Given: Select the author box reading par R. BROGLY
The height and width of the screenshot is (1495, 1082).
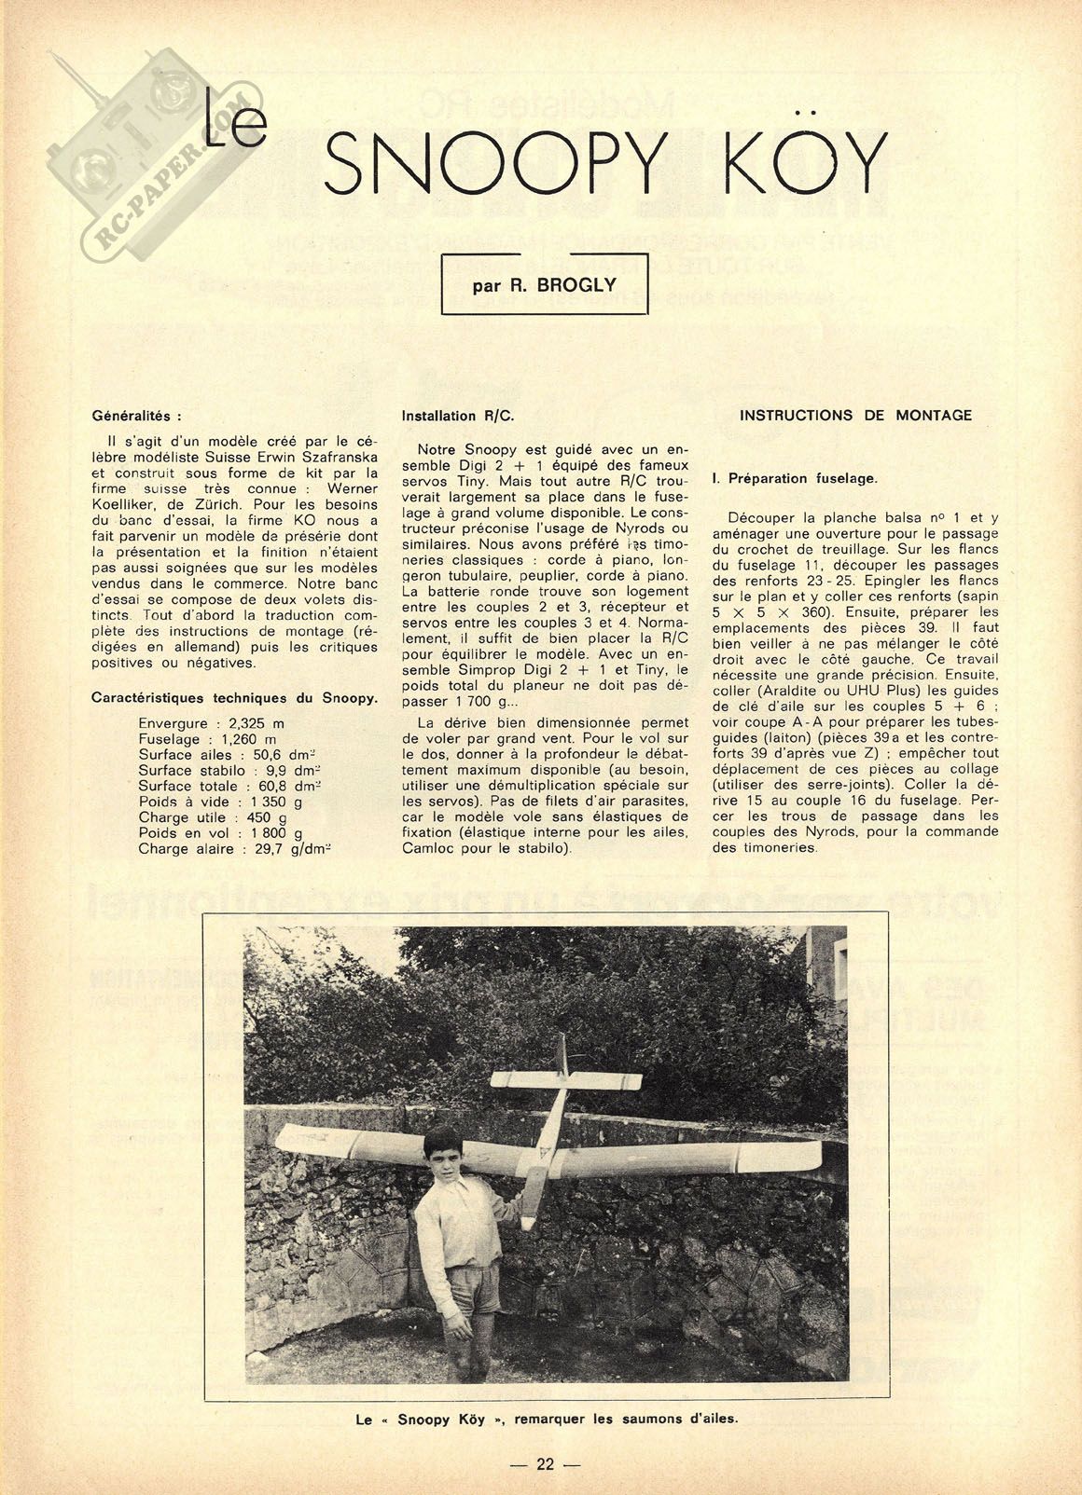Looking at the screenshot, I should (x=544, y=284).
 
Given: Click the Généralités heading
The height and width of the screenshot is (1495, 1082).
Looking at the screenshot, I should (x=137, y=417).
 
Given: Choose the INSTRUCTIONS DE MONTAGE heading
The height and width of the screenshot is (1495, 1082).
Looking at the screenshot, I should (x=855, y=416).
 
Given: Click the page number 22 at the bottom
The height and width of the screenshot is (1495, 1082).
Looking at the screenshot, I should (x=546, y=1464).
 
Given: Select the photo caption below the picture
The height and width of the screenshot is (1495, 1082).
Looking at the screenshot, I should (x=546, y=1420).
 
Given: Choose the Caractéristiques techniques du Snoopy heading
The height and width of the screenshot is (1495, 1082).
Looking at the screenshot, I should (x=234, y=698).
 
